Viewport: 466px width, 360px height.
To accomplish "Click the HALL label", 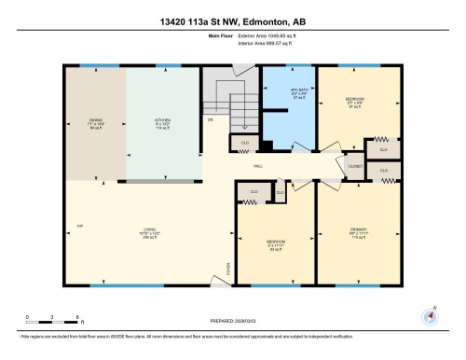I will [x=257, y=167].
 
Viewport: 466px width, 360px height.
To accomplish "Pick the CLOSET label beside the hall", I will [x=355, y=166].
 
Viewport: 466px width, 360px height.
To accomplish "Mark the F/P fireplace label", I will [x=81, y=227].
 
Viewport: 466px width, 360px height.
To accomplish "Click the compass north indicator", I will [x=431, y=314].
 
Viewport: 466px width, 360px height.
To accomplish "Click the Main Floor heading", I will [x=220, y=38].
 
